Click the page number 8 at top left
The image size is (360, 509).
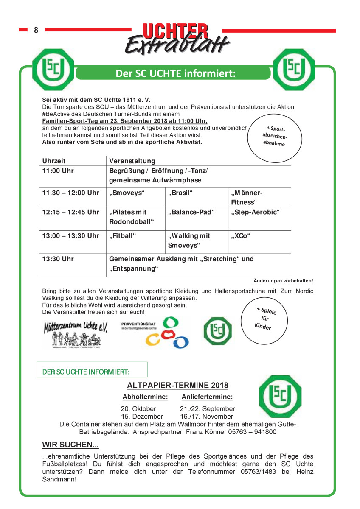tap(36, 30)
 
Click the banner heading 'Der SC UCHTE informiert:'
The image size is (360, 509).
tap(175, 73)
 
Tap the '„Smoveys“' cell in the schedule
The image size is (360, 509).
tap(127, 193)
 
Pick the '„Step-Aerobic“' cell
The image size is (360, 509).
tap(255, 212)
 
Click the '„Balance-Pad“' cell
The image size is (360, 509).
tap(191, 212)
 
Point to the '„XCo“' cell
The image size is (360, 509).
tap(241, 235)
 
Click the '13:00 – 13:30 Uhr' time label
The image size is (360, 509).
tap(70, 235)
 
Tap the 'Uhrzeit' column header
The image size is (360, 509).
tap(54, 161)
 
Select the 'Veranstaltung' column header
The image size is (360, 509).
tap(132, 161)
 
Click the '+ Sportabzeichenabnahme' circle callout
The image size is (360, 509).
tap(276, 136)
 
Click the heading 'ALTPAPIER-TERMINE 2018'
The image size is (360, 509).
tap(177, 385)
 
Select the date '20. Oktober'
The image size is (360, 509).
tap(138, 409)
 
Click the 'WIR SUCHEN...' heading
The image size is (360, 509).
tap(70, 445)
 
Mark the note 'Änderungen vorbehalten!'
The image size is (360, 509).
tap(283, 281)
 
